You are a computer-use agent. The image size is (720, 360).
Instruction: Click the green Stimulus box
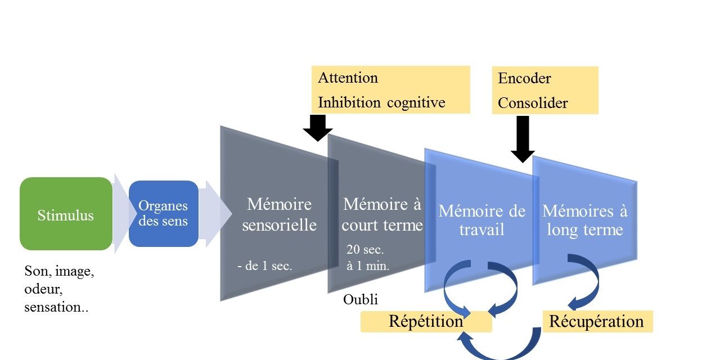(66, 214)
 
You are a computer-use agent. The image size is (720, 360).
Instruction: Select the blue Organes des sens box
(163, 213)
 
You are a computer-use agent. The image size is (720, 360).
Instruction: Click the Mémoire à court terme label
(381, 214)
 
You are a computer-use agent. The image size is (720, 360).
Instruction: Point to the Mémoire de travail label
(481, 220)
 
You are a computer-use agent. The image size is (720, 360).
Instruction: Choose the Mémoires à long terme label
(584, 220)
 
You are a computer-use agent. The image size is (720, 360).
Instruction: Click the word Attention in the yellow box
(348, 78)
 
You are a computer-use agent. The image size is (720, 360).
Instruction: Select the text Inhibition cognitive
(381, 102)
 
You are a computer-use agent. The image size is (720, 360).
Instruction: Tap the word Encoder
(524, 78)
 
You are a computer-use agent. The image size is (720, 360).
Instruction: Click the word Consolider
(533, 103)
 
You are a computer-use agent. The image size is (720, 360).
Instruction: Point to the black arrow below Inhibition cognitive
(318, 128)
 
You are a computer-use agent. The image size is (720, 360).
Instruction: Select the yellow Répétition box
(426, 322)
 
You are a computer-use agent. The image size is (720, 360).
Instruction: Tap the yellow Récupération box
(596, 322)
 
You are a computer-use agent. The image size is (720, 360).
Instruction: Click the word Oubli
(360, 300)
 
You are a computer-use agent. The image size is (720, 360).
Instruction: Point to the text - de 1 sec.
(264, 266)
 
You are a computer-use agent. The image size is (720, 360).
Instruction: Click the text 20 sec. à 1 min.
(368, 258)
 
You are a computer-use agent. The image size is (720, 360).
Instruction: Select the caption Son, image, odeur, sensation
(58, 290)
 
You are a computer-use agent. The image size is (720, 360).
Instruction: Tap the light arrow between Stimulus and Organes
(120, 213)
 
